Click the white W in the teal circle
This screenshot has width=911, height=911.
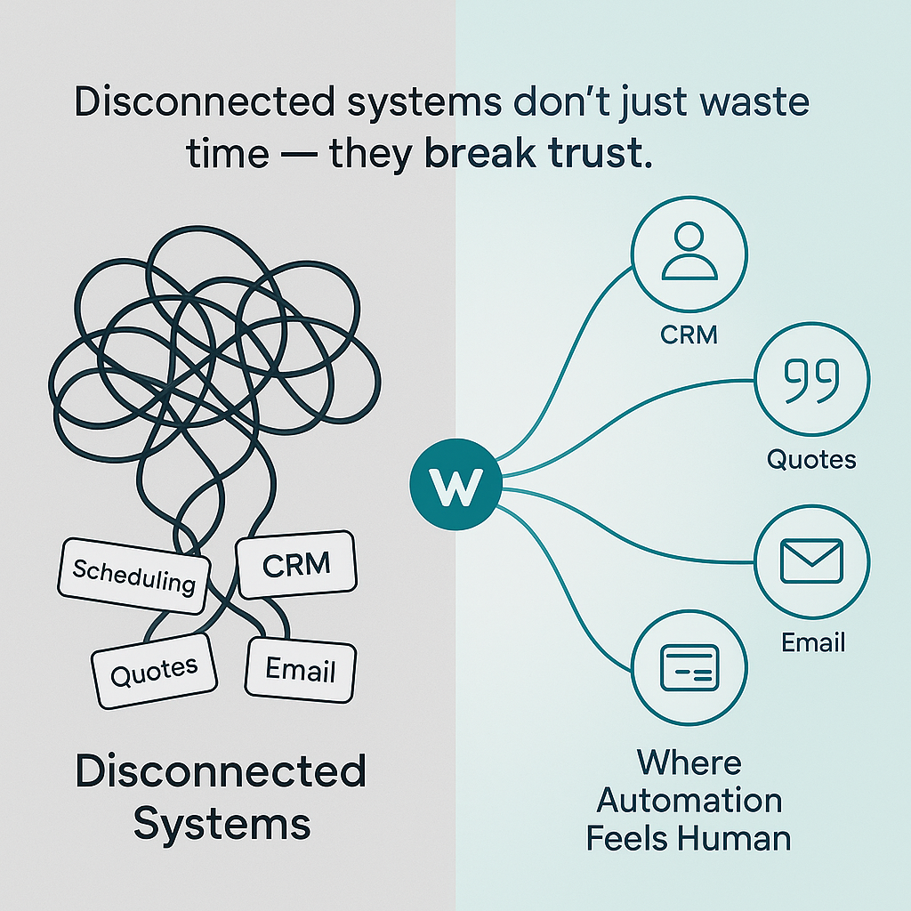pyautogui.click(x=455, y=484)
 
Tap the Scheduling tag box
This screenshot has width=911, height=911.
pyautogui.click(x=133, y=576)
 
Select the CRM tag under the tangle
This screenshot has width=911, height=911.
pyautogui.click(x=296, y=564)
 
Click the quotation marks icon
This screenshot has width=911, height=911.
pyautogui.click(x=811, y=380)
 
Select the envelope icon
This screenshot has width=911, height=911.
pyautogui.click(x=811, y=561)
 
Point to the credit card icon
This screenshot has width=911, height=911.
pyautogui.click(x=689, y=666)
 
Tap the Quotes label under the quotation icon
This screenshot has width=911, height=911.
pyautogui.click(x=811, y=460)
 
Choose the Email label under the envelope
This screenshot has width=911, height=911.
pyautogui.click(x=812, y=641)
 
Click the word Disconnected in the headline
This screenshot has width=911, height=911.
pyautogui.click(x=202, y=102)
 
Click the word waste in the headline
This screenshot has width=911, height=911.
pyautogui.click(x=751, y=102)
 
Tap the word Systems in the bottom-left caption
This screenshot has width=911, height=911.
pyautogui.click(x=222, y=823)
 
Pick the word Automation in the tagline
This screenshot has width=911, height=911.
pyautogui.click(x=689, y=801)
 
